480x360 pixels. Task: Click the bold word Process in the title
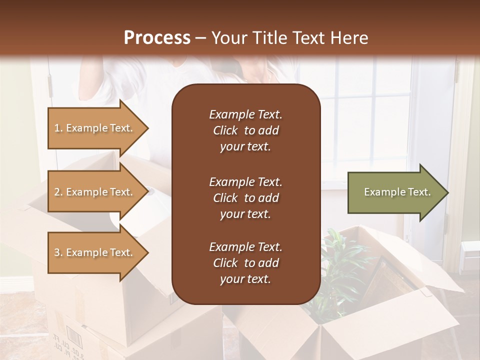click(x=157, y=38)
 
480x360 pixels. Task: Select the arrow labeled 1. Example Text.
click(x=95, y=128)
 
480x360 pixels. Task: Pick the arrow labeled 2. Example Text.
click(x=95, y=192)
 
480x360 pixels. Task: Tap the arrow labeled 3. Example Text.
click(x=95, y=252)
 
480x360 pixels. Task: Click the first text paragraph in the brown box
click(x=245, y=130)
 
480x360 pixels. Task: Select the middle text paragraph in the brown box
click(x=245, y=198)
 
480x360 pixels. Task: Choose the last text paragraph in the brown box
click(x=245, y=263)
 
